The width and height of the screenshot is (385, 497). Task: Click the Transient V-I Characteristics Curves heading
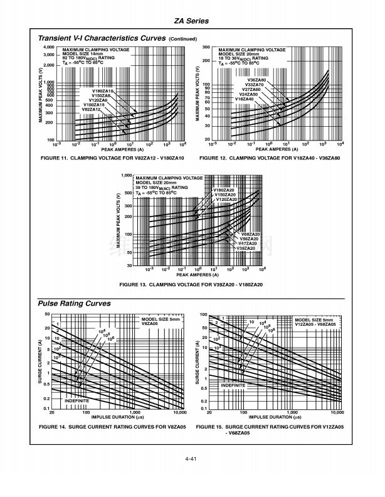click(102, 38)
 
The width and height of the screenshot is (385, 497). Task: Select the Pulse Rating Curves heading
click(75, 303)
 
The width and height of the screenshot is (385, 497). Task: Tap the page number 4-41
click(192, 460)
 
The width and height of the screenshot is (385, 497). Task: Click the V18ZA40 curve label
click(244, 99)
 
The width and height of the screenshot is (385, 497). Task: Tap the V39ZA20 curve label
click(245, 248)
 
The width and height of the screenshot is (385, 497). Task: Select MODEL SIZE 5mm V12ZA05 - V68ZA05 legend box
click(316, 322)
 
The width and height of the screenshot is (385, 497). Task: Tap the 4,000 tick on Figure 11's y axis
click(49, 47)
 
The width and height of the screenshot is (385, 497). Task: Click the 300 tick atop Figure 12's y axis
click(205, 47)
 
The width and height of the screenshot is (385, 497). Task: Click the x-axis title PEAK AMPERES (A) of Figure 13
click(198, 274)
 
